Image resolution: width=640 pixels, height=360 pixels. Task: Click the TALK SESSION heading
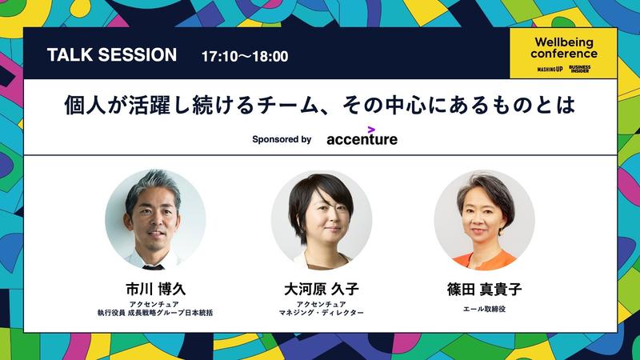pos(112,54)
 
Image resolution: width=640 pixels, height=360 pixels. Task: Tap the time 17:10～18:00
pos(245,56)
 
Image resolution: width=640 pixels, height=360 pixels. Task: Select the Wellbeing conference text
pos(564,48)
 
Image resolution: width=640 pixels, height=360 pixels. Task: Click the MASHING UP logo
pos(550,70)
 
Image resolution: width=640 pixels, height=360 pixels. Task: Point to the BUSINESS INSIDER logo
pos(579,69)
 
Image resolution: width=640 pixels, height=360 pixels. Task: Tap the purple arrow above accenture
pos(371,130)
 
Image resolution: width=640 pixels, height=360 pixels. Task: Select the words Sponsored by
pos(282,139)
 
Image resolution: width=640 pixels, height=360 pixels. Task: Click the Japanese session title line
pos(319,105)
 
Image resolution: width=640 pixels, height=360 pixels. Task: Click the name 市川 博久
pos(155,289)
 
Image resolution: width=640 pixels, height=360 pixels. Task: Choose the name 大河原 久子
pos(322,289)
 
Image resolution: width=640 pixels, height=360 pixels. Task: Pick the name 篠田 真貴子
pos(484,289)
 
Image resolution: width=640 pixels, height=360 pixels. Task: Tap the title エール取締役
pos(484,309)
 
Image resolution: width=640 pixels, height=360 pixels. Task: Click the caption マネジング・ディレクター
pos(322,313)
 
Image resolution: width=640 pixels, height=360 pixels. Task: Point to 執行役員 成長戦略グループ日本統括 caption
pos(155,313)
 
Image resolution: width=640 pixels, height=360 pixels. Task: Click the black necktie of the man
pos(154,267)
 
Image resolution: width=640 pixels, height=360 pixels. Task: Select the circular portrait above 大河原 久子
pos(322,220)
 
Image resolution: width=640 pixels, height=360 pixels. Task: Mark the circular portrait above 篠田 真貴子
pos(484,220)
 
